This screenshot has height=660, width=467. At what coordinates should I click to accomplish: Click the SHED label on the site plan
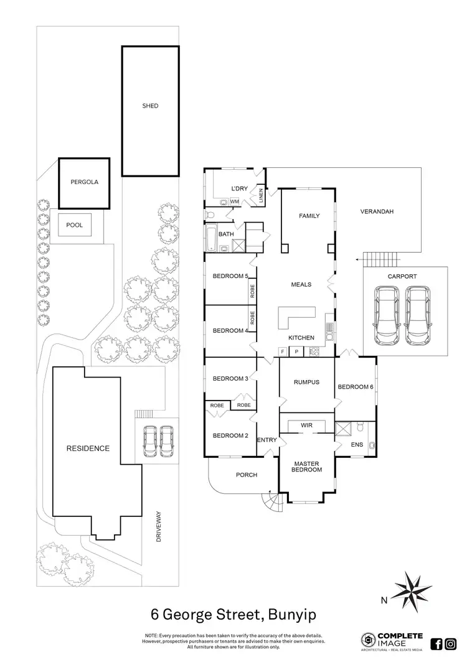tap(150, 106)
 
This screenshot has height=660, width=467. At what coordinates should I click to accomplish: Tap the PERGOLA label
tap(84, 183)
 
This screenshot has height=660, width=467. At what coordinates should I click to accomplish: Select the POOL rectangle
tap(75, 225)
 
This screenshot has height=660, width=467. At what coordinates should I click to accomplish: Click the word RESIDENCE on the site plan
tap(88, 448)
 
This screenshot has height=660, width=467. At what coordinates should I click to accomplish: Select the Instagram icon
tap(450, 644)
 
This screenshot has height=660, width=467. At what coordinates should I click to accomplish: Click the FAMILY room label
tap(309, 216)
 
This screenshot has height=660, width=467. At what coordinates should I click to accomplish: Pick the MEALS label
tap(301, 285)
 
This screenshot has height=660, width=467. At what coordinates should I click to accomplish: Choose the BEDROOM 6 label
tap(356, 387)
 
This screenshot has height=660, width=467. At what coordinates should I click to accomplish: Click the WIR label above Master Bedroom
tap(306, 425)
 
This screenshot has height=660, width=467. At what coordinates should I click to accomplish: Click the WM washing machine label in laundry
tap(235, 202)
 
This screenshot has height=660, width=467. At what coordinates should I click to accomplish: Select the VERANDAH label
tap(377, 212)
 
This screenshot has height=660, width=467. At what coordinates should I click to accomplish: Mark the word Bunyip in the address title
tap(292, 615)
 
